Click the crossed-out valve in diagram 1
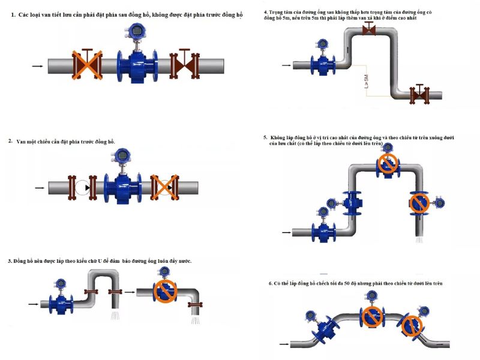[86, 64]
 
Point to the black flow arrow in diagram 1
[37, 65]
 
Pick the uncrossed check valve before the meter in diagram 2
[82, 188]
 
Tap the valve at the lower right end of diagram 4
[420, 94]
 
